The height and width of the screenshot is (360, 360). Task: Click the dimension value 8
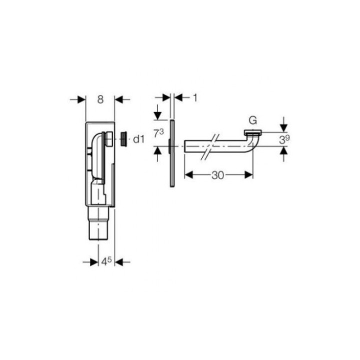[x=100, y=99]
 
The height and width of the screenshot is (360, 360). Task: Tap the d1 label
[x=139, y=139]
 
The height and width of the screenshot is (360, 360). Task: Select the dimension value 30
[x=217, y=175]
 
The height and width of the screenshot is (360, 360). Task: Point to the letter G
[x=253, y=120]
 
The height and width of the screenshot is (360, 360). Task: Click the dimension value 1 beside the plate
[x=195, y=98]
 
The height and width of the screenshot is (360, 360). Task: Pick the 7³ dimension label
[x=158, y=133]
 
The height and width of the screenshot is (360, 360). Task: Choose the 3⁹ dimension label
[x=284, y=139]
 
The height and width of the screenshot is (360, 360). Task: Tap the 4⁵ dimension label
[x=106, y=261]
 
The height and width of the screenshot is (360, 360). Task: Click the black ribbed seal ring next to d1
[x=124, y=139]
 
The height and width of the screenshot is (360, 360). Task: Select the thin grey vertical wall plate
[x=172, y=153]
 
